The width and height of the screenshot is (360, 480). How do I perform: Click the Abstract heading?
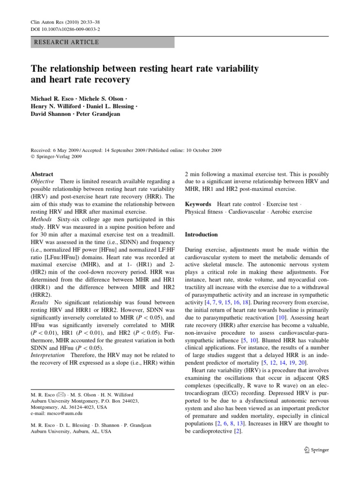coord(42,173)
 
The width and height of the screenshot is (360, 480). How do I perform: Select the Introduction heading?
coord(202,234)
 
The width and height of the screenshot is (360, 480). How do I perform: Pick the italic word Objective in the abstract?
coord(42,181)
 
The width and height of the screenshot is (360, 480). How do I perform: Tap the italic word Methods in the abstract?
coord(41,219)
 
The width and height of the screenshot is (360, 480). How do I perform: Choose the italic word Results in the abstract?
coord(40,302)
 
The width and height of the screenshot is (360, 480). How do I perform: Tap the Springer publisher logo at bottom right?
coord(316,450)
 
